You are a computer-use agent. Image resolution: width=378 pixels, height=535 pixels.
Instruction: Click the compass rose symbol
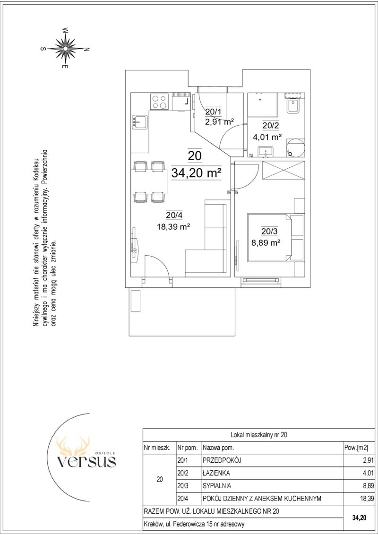(65, 48)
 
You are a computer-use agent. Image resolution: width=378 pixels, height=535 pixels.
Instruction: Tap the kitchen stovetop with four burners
(160, 102)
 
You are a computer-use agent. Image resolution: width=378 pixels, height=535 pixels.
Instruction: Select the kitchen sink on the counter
(139, 122)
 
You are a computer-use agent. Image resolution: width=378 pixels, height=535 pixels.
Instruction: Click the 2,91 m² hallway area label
(219, 121)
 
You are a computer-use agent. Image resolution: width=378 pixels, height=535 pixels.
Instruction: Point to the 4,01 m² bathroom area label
(267, 138)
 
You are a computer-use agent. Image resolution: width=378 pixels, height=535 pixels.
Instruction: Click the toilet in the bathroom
(293, 104)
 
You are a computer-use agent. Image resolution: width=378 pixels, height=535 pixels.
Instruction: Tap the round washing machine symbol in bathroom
(295, 147)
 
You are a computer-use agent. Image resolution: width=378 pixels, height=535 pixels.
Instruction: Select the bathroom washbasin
(266, 152)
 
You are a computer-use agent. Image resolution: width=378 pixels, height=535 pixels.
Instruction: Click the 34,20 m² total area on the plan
(196, 173)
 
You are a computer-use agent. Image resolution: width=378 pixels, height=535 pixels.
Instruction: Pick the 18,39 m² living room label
(173, 227)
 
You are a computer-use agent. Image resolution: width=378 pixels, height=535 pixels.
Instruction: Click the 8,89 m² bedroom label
(266, 243)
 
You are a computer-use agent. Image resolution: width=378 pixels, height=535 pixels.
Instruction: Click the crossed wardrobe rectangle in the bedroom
(283, 170)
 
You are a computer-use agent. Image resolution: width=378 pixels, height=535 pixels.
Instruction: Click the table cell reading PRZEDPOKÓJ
(222, 460)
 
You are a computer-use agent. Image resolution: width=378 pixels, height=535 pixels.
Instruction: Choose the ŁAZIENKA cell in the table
(216, 473)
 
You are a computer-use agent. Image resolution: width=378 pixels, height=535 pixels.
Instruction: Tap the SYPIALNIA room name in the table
(217, 486)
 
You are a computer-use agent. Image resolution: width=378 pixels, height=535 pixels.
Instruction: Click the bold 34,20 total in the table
(359, 518)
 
